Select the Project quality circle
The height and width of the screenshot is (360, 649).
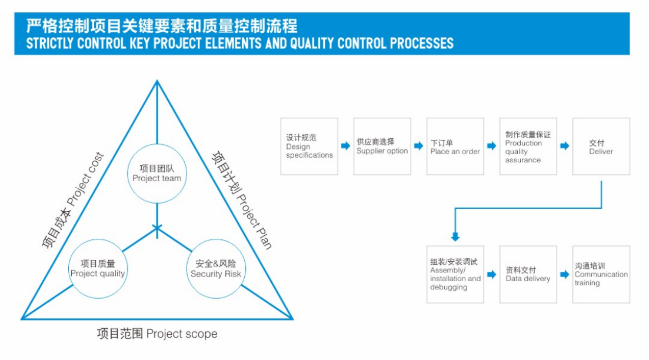[98, 268]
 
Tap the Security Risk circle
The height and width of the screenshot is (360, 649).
[216, 268]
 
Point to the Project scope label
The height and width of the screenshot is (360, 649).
[157, 334]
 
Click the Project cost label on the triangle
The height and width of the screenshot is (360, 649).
[73, 200]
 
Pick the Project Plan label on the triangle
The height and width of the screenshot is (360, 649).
[242, 200]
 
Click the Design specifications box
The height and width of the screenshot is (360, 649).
[309, 146]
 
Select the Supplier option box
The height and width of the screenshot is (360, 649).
[382, 146]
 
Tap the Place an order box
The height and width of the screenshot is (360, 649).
[455, 146]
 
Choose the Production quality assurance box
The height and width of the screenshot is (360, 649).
[528, 146]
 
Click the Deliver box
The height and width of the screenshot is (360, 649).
[601, 146]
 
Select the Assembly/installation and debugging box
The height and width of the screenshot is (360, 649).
[455, 275]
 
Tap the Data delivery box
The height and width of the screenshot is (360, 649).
[528, 275]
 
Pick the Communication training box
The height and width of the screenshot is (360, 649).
[601, 275]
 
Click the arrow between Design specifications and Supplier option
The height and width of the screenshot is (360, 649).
[346, 146]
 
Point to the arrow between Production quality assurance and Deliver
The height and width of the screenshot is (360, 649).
[565, 146]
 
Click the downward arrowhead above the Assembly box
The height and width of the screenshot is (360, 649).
[455, 237]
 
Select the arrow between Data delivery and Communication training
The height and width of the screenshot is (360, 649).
[565, 275]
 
